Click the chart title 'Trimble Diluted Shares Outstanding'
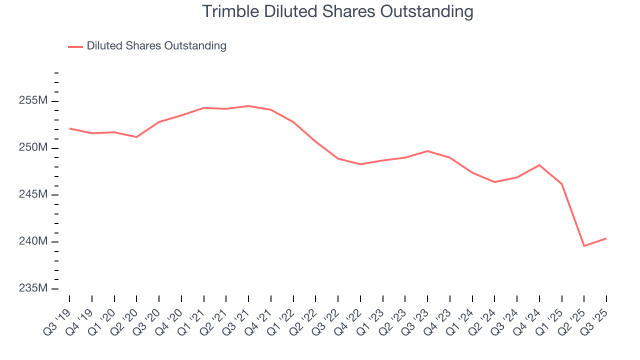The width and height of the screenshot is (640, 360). [337, 11]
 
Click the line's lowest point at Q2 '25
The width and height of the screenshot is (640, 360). [584, 246]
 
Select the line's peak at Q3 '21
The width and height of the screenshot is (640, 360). [248, 106]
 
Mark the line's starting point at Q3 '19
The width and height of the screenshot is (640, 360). [69, 128]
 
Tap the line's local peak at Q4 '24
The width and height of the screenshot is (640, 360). [539, 165]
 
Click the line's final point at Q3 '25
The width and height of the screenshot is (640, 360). [606, 238]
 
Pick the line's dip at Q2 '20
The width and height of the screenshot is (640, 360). [136, 137]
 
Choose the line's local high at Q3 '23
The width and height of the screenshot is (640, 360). [427, 151]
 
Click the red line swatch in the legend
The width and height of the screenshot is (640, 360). [75, 46]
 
